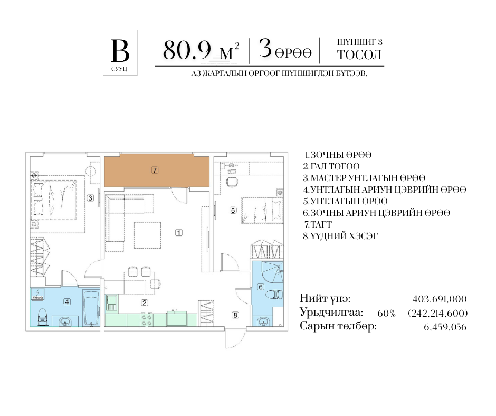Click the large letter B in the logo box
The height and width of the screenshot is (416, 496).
click(x=120, y=51)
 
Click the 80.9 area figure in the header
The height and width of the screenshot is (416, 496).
click(x=187, y=50)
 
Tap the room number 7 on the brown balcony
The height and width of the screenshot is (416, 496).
click(x=155, y=171)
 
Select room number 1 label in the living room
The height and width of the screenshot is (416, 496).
click(x=179, y=233)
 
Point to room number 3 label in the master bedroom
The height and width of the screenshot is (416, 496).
click(x=90, y=198)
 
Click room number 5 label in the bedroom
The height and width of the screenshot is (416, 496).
click(x=233, y=210)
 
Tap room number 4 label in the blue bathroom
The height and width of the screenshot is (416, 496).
click(x=67, y=302)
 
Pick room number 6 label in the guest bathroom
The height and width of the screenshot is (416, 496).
click(x=261, y=287)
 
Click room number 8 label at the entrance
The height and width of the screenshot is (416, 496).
click(x=235, y=315)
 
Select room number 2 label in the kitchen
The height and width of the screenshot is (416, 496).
click(x=144, y=302)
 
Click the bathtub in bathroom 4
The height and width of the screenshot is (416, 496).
click(x=91, y=309)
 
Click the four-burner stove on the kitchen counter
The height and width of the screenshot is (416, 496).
click(x=147, y=319)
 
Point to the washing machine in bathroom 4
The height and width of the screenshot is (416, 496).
click(x=38, y=295)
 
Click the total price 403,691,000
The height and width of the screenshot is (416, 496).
click(x=440, y=299)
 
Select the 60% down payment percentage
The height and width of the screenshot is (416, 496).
click(x=386, y=314)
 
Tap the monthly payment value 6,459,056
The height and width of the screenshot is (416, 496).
click(x=445, y=327)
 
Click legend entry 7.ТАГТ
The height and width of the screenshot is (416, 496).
click(x=318, y=224)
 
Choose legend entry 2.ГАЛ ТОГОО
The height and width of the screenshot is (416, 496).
click(x=331, y=166)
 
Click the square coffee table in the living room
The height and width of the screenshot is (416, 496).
click(x=147, y=235)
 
